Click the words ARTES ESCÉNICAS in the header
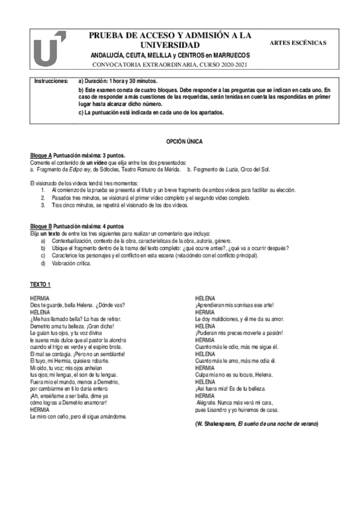click(298, 44)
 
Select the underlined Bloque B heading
click(41, 226)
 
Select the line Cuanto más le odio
click(237, 347)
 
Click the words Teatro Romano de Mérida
click(151, 170)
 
